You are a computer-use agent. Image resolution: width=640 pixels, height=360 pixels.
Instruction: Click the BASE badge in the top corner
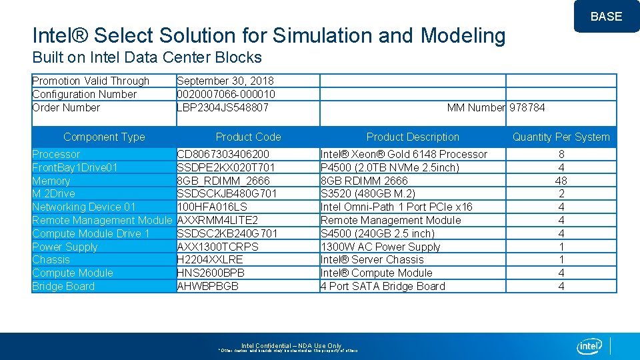[606, 17]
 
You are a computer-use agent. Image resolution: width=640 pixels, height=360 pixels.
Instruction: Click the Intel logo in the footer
[589, 346]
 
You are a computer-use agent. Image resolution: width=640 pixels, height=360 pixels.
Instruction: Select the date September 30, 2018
[225, 81]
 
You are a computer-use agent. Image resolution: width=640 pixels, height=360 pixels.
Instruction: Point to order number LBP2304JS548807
[223, 107]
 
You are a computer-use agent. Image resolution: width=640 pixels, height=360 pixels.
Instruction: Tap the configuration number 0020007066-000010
[226, 94]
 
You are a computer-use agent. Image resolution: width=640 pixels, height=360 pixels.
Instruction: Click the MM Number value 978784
[527, 107]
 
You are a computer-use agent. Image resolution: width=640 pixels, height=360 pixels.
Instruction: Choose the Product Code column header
[248, 137]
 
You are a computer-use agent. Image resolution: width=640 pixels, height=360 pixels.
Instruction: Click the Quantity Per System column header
[561, 137]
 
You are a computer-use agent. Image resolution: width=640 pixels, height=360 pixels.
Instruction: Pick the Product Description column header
[413, 137]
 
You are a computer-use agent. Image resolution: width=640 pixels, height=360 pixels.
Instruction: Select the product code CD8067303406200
[223, 154]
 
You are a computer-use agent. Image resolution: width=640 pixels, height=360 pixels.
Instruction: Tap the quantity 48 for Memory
[561, 181]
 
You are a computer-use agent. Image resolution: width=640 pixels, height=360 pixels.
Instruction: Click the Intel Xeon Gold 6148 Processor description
[404, 154]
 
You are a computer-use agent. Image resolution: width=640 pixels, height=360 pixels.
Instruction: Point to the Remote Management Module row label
[102, 220]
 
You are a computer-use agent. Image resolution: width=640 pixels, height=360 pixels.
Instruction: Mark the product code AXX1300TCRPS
[217, 247]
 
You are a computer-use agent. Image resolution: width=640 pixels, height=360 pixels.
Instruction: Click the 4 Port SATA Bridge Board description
[383, 286]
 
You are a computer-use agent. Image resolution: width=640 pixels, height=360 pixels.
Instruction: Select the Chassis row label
[51, 259]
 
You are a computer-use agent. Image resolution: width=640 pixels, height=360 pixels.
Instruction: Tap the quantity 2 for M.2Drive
[561, 193]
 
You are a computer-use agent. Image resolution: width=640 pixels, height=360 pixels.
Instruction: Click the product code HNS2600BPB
[211, 273]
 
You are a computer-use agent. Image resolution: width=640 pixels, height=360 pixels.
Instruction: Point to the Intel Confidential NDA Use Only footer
[291, 346]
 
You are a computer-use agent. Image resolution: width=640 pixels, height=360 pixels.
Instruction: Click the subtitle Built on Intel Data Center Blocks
[147, 58]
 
